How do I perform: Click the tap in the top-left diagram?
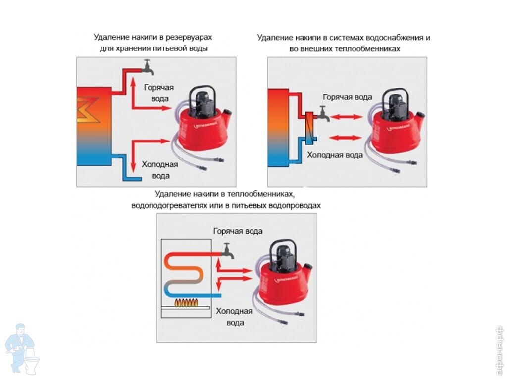pos(147,66)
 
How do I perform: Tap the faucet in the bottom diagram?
pos(228,250)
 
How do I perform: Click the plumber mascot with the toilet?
pos(22,348)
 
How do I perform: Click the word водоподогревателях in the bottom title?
pos(168,205)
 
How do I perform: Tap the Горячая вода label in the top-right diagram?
pos(347,97)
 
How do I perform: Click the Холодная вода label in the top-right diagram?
pos(335,155)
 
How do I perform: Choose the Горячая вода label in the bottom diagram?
pos(238,231)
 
